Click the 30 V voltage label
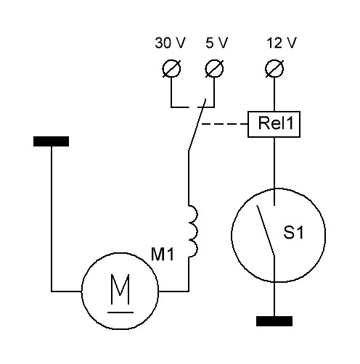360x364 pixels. pos(170,43)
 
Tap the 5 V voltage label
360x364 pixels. pos(217,43)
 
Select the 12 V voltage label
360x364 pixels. pos(282,43)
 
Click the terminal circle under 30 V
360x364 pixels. pos(171,68)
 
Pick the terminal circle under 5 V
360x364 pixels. pos(214,68)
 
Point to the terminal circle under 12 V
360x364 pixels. pos(274,68)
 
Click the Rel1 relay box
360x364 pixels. pos(274,124)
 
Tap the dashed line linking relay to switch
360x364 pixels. pos(225,124)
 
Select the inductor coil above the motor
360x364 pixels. pos(193,231)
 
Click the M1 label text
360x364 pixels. pos(163,254)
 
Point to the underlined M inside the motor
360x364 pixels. pos(120,293)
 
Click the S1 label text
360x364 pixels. pos(293,233)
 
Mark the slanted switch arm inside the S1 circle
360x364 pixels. pos(266,231)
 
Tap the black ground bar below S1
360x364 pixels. pos(274,321)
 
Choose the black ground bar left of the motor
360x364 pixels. pos(51,141)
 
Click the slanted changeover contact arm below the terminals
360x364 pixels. pos(197,125)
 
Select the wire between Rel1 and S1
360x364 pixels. pos(274,171)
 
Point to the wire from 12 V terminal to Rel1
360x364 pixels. pos(274,94)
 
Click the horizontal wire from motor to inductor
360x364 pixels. pos(173,291)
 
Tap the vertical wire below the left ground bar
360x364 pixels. pos(52,219)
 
